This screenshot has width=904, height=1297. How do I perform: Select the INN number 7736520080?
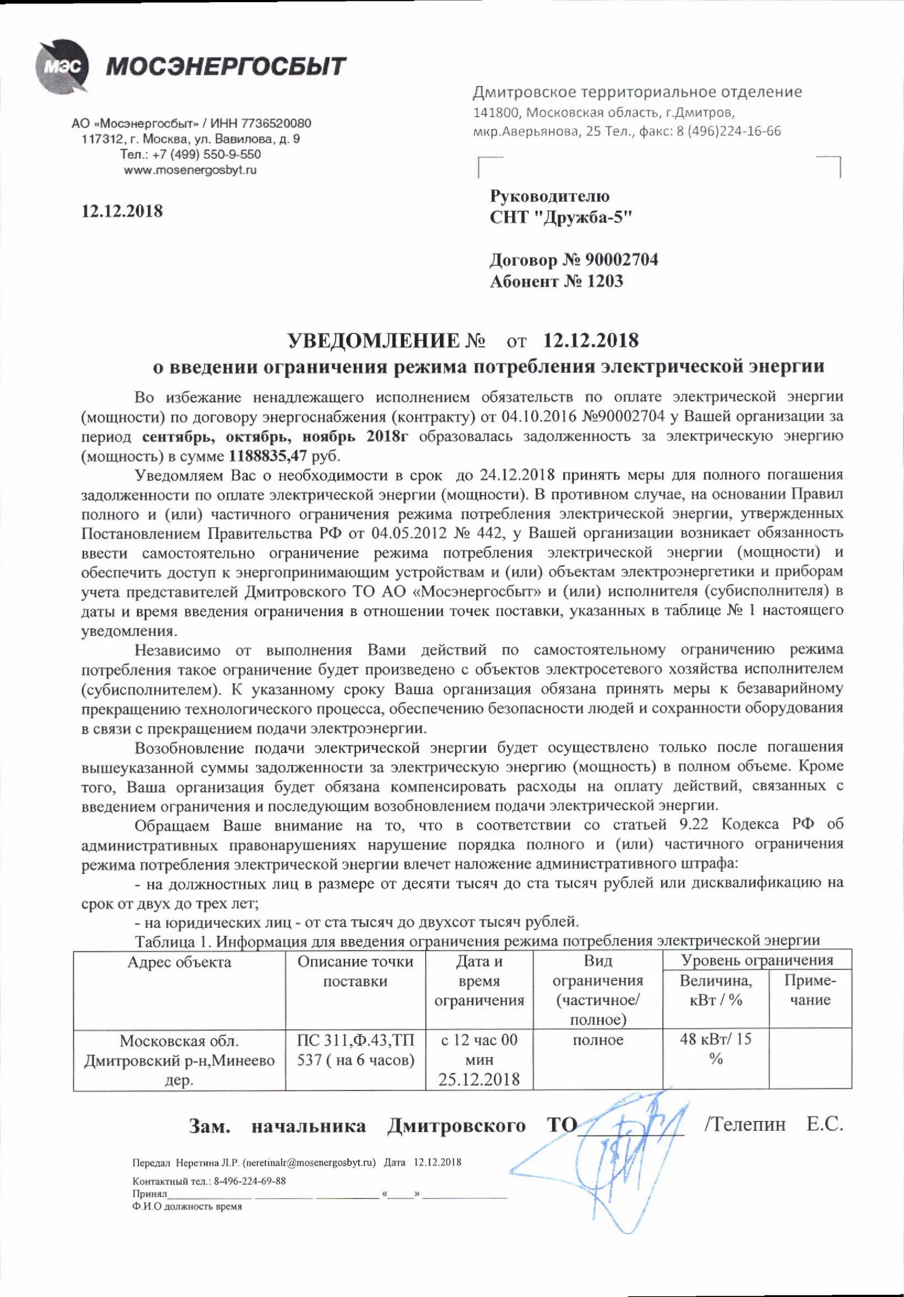point(276,123)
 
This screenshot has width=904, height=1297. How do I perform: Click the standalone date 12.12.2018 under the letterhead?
point(122,211)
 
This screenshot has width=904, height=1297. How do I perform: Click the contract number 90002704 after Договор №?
point(621,260)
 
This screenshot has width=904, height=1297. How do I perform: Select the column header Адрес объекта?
point(180,962)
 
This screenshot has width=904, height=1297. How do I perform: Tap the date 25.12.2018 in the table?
point(479,1080)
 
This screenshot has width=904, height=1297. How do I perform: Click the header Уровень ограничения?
point(757,960)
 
